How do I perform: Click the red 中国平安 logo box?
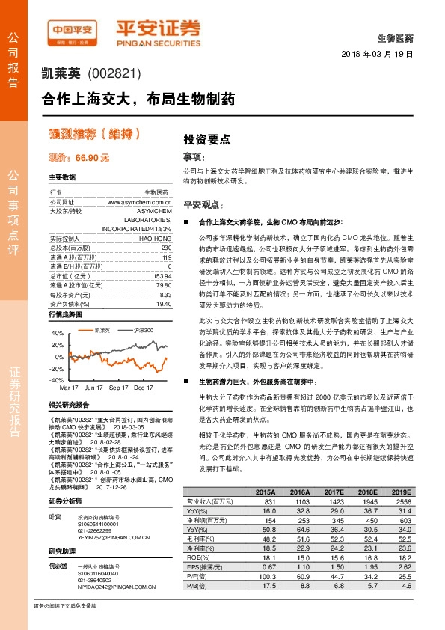point(72,30)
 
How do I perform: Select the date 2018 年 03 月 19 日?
point(377,55)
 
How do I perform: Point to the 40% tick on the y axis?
point(58,332)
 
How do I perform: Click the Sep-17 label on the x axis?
point(118,388)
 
